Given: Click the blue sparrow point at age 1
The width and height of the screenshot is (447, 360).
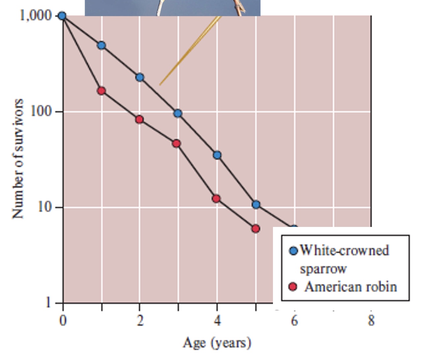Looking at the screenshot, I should point(102,45).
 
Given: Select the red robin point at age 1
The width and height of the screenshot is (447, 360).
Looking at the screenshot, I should point(102,91).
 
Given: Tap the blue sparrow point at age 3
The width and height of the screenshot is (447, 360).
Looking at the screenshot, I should point(178,113).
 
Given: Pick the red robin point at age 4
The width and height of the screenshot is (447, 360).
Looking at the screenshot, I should point(216,199).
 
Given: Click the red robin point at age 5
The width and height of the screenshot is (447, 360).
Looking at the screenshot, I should point(255,228).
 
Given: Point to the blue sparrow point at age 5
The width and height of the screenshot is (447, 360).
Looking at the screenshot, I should point(256,205).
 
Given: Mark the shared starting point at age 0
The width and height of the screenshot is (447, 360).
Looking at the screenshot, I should point(62,16).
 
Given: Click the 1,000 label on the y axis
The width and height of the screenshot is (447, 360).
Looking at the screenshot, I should point(36,15).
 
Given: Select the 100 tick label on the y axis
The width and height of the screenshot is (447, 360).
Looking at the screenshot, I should point(42,111).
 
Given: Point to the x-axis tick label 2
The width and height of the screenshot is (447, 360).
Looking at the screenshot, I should point(140,320).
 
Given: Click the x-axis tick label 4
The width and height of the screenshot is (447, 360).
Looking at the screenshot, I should point(217,320).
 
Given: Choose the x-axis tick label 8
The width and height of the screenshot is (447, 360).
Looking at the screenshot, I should point(371,320).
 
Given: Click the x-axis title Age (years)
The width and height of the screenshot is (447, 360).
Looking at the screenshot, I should point(217,343).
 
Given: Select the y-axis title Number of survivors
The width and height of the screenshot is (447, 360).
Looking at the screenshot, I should point(18,158).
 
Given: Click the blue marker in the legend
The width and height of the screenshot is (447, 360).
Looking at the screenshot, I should point(293,251).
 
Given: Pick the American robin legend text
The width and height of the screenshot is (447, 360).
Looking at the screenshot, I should point(350,287).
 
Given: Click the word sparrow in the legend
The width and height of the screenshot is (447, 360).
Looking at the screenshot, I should point(323,269).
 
